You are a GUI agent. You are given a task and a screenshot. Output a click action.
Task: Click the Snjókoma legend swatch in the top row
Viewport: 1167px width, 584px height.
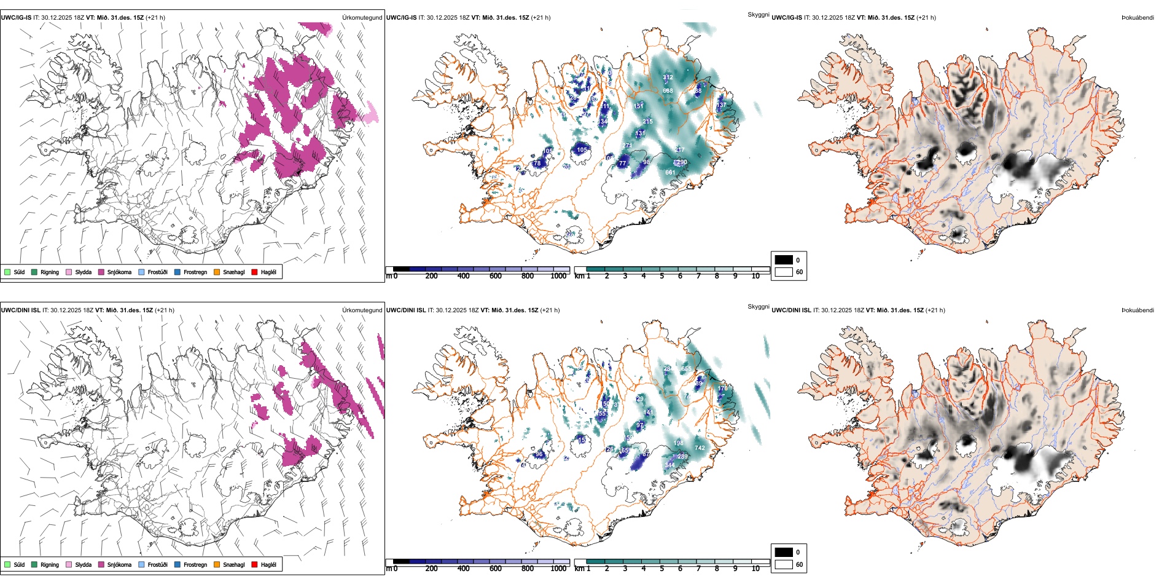[101, 272]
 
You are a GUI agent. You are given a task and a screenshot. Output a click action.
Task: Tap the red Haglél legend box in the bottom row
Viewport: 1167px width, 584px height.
[255, 564]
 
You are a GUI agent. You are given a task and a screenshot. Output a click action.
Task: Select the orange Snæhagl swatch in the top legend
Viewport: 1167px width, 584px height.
[217, 272]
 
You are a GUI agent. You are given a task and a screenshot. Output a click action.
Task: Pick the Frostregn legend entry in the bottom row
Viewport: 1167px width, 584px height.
[178, 564]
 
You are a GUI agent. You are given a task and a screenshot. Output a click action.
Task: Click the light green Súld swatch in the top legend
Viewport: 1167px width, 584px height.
[7, 272]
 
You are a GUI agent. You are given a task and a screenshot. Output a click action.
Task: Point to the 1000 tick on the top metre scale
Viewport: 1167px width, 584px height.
[558, 276]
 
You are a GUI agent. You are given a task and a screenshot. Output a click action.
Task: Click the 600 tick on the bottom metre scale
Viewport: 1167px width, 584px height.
[496, 569]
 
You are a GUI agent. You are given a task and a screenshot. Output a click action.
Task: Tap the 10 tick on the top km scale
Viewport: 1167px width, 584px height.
[755, 276]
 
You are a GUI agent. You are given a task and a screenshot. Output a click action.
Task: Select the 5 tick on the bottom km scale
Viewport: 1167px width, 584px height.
[662, 569]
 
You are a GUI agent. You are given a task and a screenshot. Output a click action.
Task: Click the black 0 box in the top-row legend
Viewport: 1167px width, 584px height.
[784, 260]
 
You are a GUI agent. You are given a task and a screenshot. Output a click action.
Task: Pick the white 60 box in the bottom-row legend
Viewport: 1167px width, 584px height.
[784, 564]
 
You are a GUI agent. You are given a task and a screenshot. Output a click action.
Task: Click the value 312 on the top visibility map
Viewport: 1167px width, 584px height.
[668, 77]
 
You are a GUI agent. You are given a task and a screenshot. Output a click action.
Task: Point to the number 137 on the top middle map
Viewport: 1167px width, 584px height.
[721, 105]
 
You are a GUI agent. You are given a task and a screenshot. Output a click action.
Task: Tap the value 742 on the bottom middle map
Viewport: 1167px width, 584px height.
[700, 448]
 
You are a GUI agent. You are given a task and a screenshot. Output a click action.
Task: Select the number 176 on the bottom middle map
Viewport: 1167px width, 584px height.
[723, 388]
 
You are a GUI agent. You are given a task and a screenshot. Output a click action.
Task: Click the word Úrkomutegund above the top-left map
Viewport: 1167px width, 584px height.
[362, 18]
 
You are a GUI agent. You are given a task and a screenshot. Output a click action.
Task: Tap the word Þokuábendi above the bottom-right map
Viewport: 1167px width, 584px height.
[1138, 310]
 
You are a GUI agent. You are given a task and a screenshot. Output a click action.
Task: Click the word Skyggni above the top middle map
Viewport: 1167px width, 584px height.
[758, 14]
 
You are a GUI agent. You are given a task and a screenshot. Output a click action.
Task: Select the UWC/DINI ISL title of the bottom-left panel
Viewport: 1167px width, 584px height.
[20, 310]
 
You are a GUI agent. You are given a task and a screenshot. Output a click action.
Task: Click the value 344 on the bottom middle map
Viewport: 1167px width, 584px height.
[669, 465]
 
